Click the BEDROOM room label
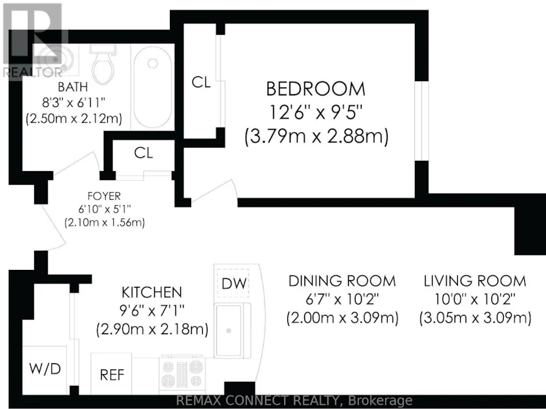point(316,89)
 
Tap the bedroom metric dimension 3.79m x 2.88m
point(316,136)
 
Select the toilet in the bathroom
point(103,64)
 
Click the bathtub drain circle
point(152,63)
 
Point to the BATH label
point(73,87)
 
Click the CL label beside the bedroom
point(201,82)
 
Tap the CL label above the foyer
point(143,153)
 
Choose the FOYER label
point(104,196)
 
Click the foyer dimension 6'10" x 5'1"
point(104,209)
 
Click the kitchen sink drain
point(229,331)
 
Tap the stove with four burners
point(182,374)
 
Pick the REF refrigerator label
point(112,375)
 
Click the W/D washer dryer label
point(45,369)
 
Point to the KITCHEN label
point(152,292)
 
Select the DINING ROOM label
point(343,281)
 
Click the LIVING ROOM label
point(475,281)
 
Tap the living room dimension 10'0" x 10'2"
point(475,299)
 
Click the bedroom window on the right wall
point(421,121)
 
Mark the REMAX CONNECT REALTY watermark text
point(294,401)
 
